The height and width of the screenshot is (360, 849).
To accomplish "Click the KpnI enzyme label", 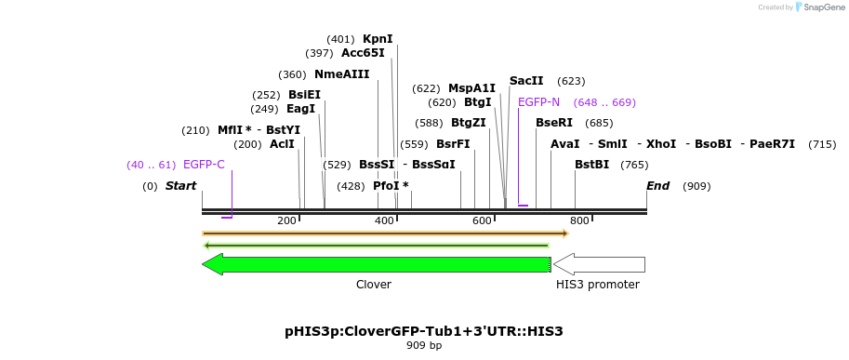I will pos(378,39).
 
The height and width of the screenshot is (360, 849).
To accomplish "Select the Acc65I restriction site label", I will pos(363,53).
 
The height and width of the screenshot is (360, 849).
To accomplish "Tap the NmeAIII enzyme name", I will pos(341,74).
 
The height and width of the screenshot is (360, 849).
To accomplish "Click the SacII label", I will pos(526,81).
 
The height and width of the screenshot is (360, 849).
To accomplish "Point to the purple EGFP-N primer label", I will pos(538,102).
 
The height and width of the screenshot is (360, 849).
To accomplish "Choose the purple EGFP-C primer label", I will pos(204,165).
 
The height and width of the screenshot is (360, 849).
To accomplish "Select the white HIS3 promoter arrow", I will pos(599,264).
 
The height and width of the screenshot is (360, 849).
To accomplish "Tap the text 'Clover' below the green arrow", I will pos(374,285).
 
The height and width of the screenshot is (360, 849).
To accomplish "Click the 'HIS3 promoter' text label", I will pos(598,285).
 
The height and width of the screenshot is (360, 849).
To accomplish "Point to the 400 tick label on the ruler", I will pos(384,220).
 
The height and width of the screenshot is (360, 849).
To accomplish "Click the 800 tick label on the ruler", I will pos(579,220).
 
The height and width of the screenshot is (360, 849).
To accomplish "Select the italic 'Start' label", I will pos(180,186).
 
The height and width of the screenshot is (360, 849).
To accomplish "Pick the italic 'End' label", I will pos(657,186).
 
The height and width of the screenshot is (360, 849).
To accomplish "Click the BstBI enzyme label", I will pos(591,165).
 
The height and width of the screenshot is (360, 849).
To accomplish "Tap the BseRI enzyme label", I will pos(554,123).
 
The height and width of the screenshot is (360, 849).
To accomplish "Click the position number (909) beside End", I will pos(696,186).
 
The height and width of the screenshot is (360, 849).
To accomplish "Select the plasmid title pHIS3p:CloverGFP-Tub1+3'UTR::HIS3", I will pos(424,331).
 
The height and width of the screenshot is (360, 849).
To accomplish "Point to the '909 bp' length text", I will pos(424,346).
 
